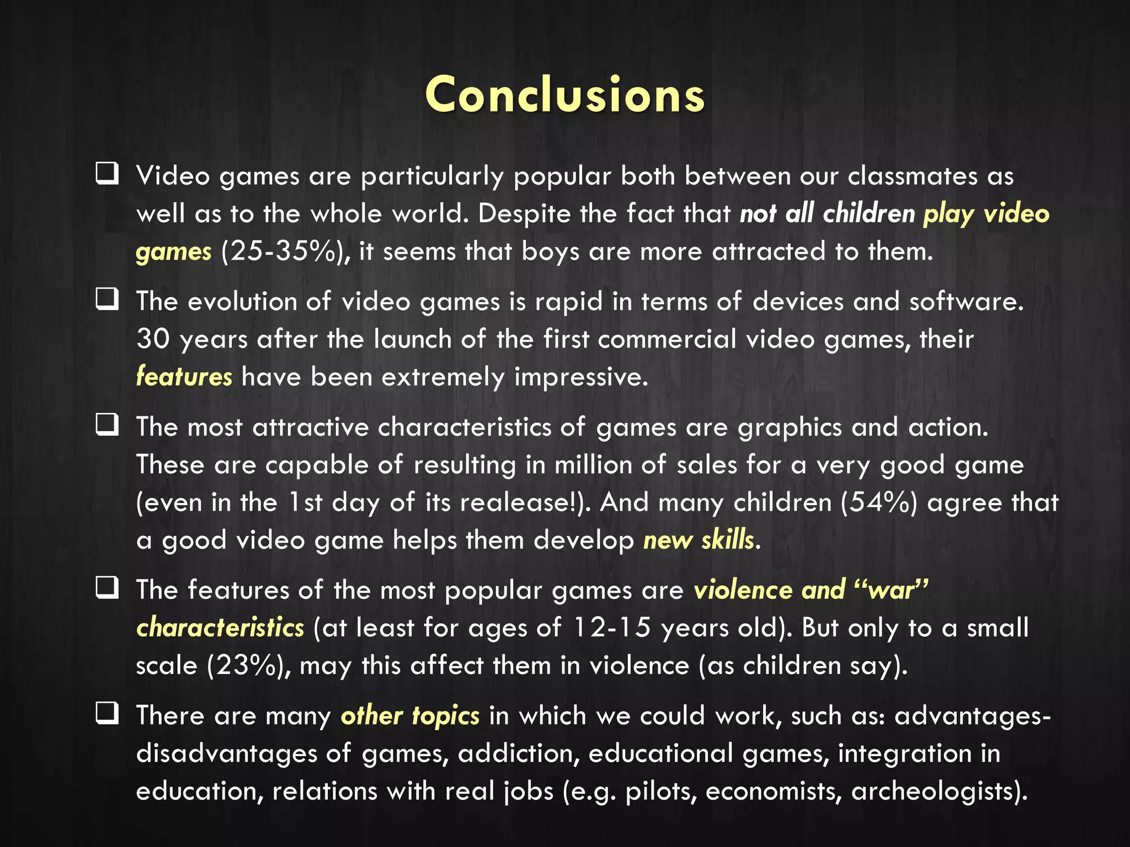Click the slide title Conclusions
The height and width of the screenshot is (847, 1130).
point(565,95)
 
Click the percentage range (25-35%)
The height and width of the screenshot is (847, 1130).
point(285,251)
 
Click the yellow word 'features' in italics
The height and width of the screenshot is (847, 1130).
point(184,377)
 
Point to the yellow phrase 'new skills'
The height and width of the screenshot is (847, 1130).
point(698,540)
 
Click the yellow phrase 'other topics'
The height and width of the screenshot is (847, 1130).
point(410,716)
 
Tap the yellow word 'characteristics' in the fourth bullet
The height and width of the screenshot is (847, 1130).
point(220,628)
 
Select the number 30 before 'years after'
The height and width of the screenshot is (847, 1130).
point(153,339)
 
